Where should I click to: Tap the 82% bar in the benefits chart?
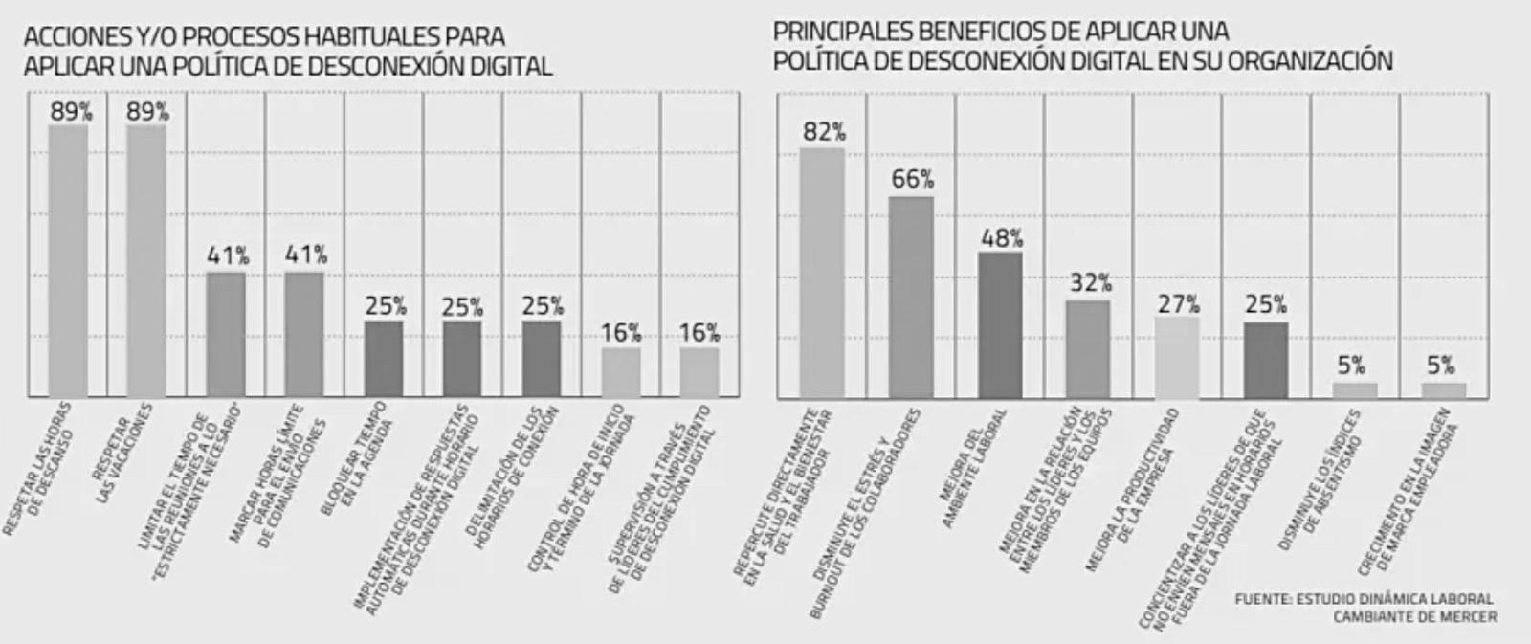(x=823, y=273)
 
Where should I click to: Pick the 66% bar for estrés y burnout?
(x=911, y=297)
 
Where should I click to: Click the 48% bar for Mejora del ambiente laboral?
(x=1000, y=325)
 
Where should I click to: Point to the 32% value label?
(x=1090, y=283)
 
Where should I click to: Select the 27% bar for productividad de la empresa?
(x=1178, y=357)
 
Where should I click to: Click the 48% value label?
(x=1002, y=238)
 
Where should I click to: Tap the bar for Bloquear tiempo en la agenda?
(x=384, y=359)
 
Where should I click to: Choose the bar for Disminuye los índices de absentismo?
(x=1355, y=389)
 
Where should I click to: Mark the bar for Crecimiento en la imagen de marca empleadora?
(x=1443, y=389)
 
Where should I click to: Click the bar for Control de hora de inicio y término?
(x=620, y=372)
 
